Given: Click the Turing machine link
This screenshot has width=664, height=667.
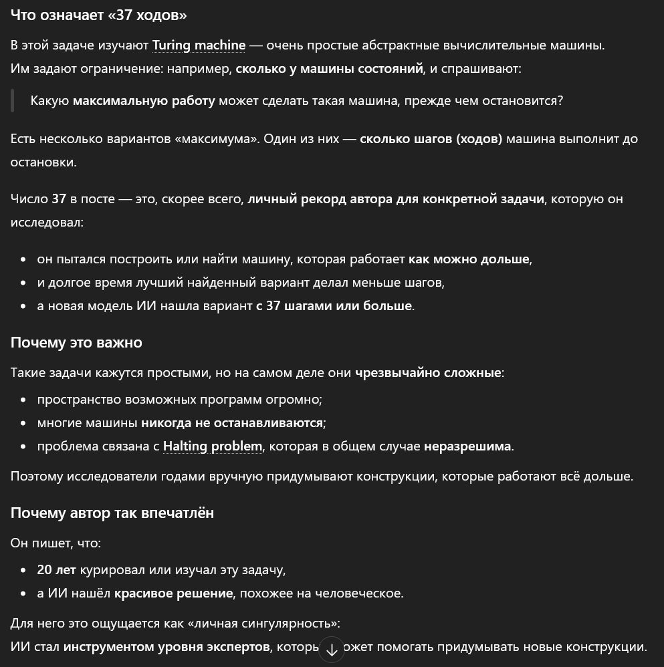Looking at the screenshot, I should pos(199,45).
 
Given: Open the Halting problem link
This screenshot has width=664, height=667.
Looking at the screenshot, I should pos(212,446).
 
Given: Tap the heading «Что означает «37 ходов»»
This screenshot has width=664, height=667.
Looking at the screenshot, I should pos(98,15).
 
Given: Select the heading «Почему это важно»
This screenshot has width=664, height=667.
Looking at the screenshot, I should pos(76,342).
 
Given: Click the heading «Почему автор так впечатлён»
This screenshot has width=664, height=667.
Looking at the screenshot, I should pos(112,513).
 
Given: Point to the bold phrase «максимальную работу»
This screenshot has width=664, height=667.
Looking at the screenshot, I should pos(144,100).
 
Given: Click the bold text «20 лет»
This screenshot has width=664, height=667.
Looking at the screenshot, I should pos(56,569).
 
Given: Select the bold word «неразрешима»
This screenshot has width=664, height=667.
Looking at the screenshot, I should pos(467,446).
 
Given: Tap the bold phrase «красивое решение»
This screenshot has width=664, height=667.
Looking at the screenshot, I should pos(173,593).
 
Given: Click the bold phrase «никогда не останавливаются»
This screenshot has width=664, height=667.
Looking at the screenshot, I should pos(232,422).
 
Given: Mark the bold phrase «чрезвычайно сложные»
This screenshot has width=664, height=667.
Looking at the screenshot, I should pos(428,372).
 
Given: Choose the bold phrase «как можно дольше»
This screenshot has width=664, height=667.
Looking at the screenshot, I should pos(469,259).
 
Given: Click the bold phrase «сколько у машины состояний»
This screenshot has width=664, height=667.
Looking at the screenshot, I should pos(329,68).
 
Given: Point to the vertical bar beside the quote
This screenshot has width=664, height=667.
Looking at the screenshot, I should pos(12,100).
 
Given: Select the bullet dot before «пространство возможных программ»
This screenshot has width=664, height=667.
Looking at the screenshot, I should pos(23,400).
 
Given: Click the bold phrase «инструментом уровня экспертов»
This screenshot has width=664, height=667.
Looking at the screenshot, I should pos(167,646).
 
